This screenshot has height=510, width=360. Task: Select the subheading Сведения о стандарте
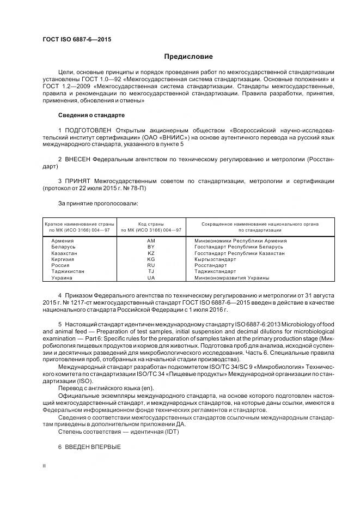[91, 116]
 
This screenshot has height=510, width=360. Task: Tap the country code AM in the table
[151, 240]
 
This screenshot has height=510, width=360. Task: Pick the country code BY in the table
[151, 247]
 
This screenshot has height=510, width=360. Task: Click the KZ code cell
[151, 253]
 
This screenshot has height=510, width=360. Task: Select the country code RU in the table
[151, 265]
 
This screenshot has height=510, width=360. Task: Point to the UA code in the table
[151, 278]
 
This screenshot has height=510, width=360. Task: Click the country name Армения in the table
[62, 240]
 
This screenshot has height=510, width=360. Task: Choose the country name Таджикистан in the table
[68, 271]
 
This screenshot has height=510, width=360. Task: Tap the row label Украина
[62, 278]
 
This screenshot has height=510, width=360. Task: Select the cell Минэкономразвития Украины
[231, 278]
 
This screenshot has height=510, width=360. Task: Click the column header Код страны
[151, 223]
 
